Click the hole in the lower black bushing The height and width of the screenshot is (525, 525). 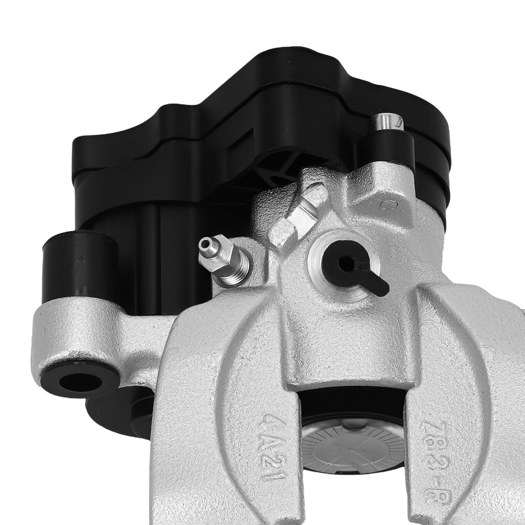(x=80, y=381)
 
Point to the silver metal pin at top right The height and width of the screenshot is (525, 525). (x=386, y=123)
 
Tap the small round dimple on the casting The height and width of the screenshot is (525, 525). (x=390, y=203)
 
